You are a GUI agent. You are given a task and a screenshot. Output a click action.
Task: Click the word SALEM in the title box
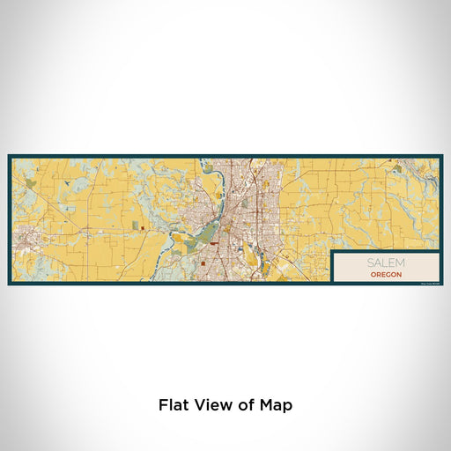tap(383, 263)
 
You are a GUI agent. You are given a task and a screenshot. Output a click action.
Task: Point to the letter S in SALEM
tap(371, 263)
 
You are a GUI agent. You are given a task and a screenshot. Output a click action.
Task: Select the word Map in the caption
tap(276, 406)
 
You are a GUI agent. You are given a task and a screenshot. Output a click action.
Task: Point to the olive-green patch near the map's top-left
tap(32, 182)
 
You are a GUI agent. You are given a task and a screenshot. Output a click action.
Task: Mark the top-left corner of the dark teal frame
tap(9, 157)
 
